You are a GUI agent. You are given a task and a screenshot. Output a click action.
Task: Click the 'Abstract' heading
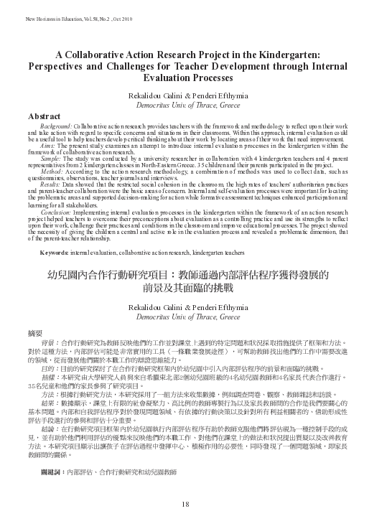coord(44,115)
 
